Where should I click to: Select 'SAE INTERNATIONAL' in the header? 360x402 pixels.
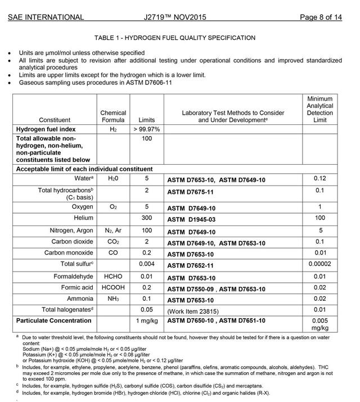coord(46,17)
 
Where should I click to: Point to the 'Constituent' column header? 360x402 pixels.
coord(55,120)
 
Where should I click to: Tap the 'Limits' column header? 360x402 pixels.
coord(146,120)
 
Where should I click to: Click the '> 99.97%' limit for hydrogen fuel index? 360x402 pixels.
coord(146,129)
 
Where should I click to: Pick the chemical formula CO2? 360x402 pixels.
coord(113,242)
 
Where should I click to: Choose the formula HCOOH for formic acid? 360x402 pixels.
coord(113,287)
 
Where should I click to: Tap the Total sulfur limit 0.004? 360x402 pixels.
coord(146,265)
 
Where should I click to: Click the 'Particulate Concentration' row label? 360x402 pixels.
coord(53,321)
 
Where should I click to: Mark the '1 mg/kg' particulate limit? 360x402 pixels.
coord(146,321)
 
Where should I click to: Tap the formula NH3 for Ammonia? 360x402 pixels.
coord(113,299)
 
